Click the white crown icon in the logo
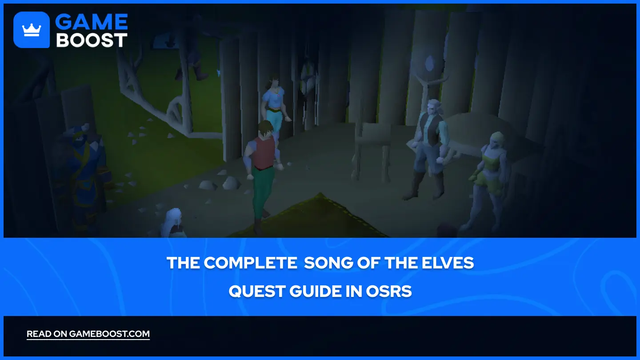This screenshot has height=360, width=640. click(x=32, y=30)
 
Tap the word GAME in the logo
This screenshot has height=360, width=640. click(x=92, y=22)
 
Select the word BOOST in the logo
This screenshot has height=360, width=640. click(x=92, y=40)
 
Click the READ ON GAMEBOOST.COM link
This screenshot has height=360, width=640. click(x=88, y=334)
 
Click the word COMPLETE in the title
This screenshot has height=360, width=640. click(x=251, y=263)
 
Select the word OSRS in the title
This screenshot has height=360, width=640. click(x=389, y=292)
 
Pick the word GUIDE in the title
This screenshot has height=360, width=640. click(x=315, y=292)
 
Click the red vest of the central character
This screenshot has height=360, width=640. click(x=264, y=153)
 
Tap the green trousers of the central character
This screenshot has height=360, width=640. click(x=262, y=192)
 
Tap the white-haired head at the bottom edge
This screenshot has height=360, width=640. click(x=173, y=223)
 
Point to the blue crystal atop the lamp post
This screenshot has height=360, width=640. click(x=429, y=64)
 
